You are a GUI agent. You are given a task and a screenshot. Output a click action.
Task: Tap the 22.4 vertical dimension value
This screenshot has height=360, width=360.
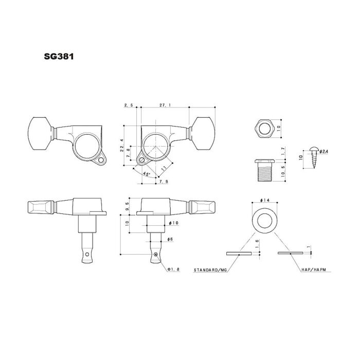pos(121,146)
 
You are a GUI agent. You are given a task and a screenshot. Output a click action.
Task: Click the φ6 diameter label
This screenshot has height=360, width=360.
pos(171,240)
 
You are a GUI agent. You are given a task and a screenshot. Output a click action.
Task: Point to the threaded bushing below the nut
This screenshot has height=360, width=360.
pos(263,168)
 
